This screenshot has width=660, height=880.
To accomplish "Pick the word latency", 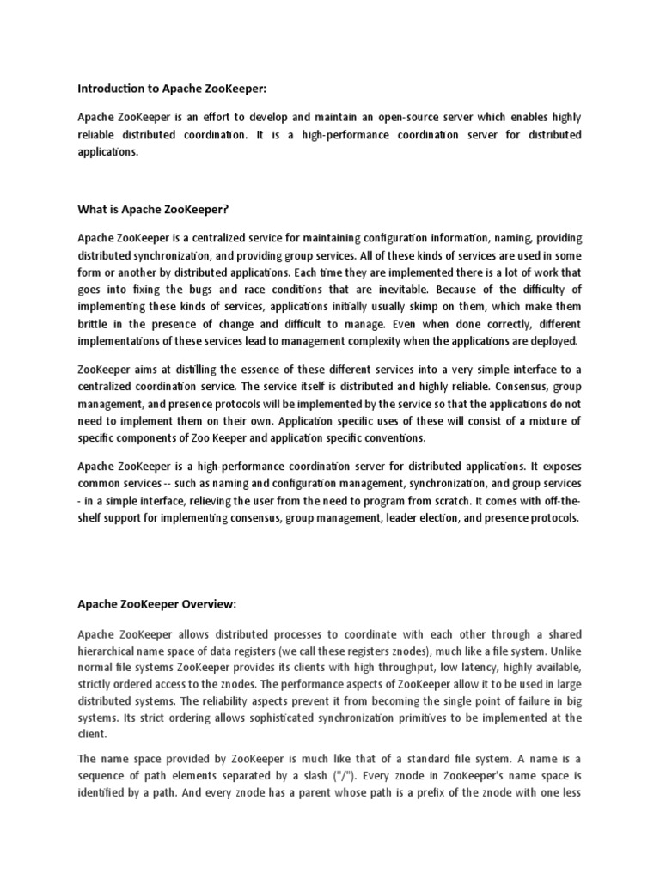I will (458, 668).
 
